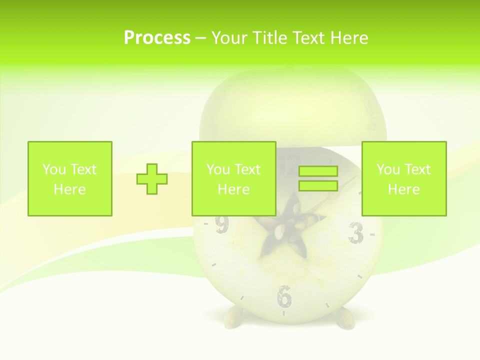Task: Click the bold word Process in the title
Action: click(x=157, y=38)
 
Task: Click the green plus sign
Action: click(x=152, y=179)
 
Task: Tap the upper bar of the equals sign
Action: click(x=318, y=171)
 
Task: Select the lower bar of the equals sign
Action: click(x=318, y=185)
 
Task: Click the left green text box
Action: click(x=70, y=178)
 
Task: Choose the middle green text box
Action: click(x=234, y=178)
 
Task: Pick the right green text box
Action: click(x=404, y=178)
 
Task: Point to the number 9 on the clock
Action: click(x=221, y=225)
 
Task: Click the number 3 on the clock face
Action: click(x=355, y=233)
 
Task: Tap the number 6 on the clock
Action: click(x=284, y=296)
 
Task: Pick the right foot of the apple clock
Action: click(x=344, y=318)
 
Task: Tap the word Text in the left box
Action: click(x=82, y=169)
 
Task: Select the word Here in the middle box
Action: click(x=234, y=189)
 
